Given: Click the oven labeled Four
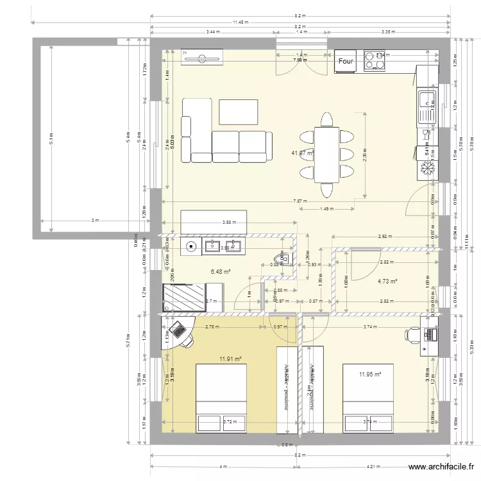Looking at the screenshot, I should point(346,62).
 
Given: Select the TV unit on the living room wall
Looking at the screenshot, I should point(201,58).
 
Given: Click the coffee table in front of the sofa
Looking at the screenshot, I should point(239,112).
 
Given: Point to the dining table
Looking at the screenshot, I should point(326,155).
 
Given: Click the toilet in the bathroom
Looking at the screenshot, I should point(287,258).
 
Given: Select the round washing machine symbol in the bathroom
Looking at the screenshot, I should point(191,244).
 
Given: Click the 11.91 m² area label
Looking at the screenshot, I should point(230,359).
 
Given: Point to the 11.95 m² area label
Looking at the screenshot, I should point(370,374).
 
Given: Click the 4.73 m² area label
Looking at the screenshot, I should point(387,281).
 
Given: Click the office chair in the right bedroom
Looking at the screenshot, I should point(412,333).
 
